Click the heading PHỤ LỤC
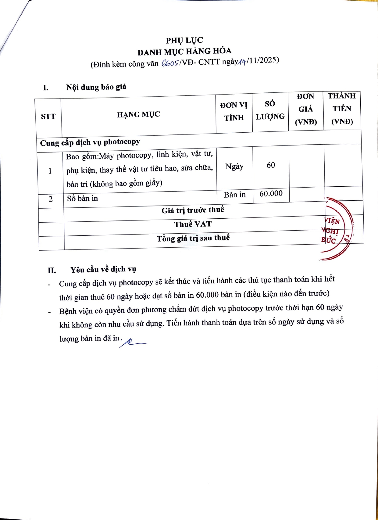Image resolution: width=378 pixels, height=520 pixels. (x=184, y=40)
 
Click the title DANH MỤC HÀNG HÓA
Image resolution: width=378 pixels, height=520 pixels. (x=184, y=51)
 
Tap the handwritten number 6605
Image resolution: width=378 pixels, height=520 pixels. (x=170, y=63)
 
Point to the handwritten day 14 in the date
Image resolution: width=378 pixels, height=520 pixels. (x=242, y=62)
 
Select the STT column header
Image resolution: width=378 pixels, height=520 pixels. (x=48, y=116)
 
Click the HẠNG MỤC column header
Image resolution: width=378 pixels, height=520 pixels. (x=138, y=114)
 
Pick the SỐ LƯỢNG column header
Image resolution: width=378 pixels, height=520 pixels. (x=270, y=110)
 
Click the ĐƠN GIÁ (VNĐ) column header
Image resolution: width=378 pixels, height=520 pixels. (x=306, y=109)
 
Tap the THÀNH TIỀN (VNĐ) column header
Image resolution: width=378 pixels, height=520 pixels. (x=342, y=109)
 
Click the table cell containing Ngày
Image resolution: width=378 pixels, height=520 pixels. (x=234, y=167)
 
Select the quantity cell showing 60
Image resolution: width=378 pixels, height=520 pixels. (x=271, y=165)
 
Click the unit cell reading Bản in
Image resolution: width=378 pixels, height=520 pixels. (x=235, y=195)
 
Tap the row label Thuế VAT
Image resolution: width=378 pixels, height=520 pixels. (x=193, y=224)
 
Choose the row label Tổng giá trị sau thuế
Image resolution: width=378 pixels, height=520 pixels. (x=193, y=238)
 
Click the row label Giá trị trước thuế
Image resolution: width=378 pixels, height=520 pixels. (x=193, y=210)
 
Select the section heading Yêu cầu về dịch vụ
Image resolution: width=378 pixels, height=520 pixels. (x=103, y=269)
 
